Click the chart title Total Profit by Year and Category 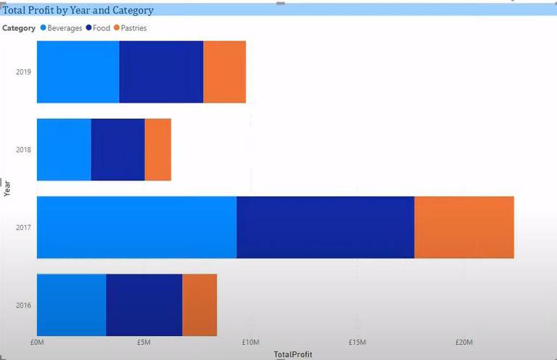(x=78, y=10)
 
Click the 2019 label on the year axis (x=24, y=72)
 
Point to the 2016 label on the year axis (x=24, y=305)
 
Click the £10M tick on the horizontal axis (x=250, y=342)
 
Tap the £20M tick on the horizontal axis (x=464, y=342)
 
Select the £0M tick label (x=37, y=342)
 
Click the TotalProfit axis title (x=293, y=354)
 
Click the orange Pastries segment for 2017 (x=464, y=227)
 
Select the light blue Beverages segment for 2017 (x=136, y=227)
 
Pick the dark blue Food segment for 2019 (x=161, y=72)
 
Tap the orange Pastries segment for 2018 (x=158, y=150)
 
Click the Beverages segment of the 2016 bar (x=71, y=305)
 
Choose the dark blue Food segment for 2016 (x=144, y=305)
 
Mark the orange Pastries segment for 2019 (x=225, y=72)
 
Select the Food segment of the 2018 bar (x=118, y=150)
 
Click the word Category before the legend (x=19, y=28)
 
